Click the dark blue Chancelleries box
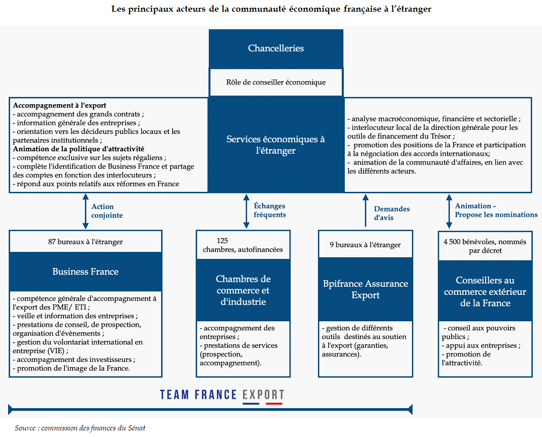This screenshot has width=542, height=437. tap(276, 49)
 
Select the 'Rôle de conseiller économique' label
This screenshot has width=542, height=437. tap(276, 82)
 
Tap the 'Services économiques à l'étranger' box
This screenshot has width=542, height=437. tap(276, 145)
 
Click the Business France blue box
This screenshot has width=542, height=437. tap(85, 272)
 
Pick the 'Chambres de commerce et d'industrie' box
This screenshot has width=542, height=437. tap(243, 290)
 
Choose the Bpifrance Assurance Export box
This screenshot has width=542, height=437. tap(365, 289)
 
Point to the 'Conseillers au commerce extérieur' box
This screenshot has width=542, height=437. tap(485, 291)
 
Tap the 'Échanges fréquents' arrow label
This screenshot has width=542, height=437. tap(269, 210)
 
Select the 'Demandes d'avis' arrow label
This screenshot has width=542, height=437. tap(392, 213)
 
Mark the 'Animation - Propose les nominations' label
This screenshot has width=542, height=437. tap(496, 210)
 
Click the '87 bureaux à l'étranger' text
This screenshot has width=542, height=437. tap(85, 242)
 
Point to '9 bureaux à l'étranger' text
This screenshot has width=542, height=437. tap(365, 245)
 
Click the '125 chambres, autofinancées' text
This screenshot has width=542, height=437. tap(243, 245)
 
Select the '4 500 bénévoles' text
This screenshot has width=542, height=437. tap(485, 246)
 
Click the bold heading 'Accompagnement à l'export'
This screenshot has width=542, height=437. tap(59, 106)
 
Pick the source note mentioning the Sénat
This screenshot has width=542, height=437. tap(80, 428)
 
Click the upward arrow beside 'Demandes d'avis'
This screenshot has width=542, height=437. tap(365, 211)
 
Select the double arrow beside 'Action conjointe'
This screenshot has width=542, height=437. tap(85, 211)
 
